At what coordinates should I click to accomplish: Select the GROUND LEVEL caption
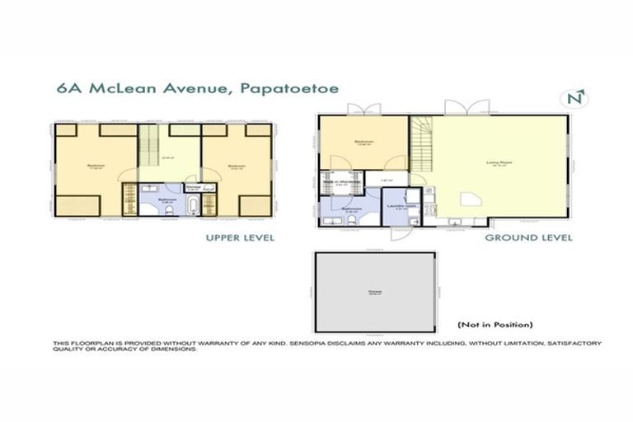click(528, 238)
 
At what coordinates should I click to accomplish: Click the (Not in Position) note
click(495, 324)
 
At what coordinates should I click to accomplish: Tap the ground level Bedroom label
click(363, 142)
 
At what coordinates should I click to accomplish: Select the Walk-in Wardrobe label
click(346, 182)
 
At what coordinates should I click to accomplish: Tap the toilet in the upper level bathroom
click(167, 211)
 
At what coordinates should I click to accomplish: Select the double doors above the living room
click(461, 107)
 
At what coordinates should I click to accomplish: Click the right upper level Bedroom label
click(237, 166)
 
